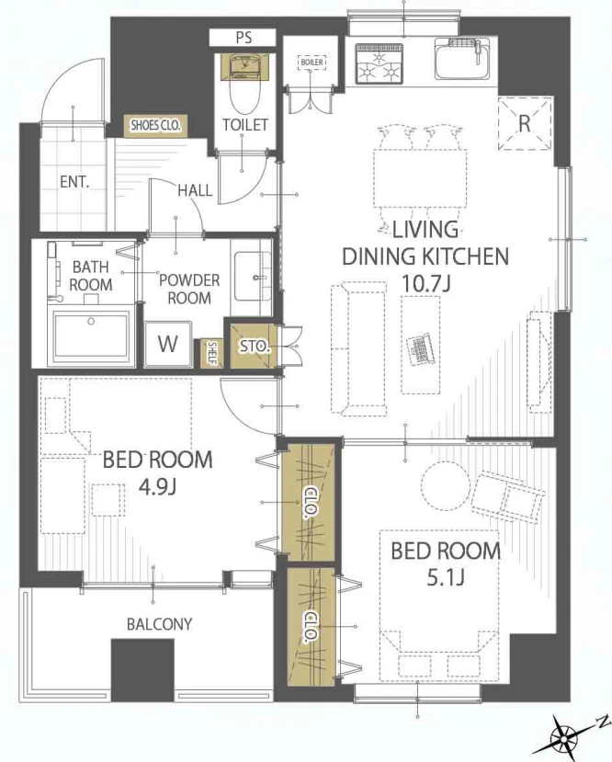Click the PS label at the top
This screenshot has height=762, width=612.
pos(244,38)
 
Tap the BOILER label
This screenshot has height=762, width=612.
pos(312,63)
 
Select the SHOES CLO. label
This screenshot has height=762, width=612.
pos(155,125)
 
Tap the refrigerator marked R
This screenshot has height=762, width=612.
pos(525,123)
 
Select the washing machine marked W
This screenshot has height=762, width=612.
pos(168,344)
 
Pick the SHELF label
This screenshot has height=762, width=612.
pos(213,353)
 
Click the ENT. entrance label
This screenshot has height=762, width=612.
pos(74,182)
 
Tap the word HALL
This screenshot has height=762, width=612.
pos(195,190)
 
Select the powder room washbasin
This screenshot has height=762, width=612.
pos(253,277)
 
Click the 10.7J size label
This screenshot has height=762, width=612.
pos(426,283)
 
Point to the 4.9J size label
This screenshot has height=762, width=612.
pos(157,486)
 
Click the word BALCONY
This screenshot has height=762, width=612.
pos(159,624)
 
